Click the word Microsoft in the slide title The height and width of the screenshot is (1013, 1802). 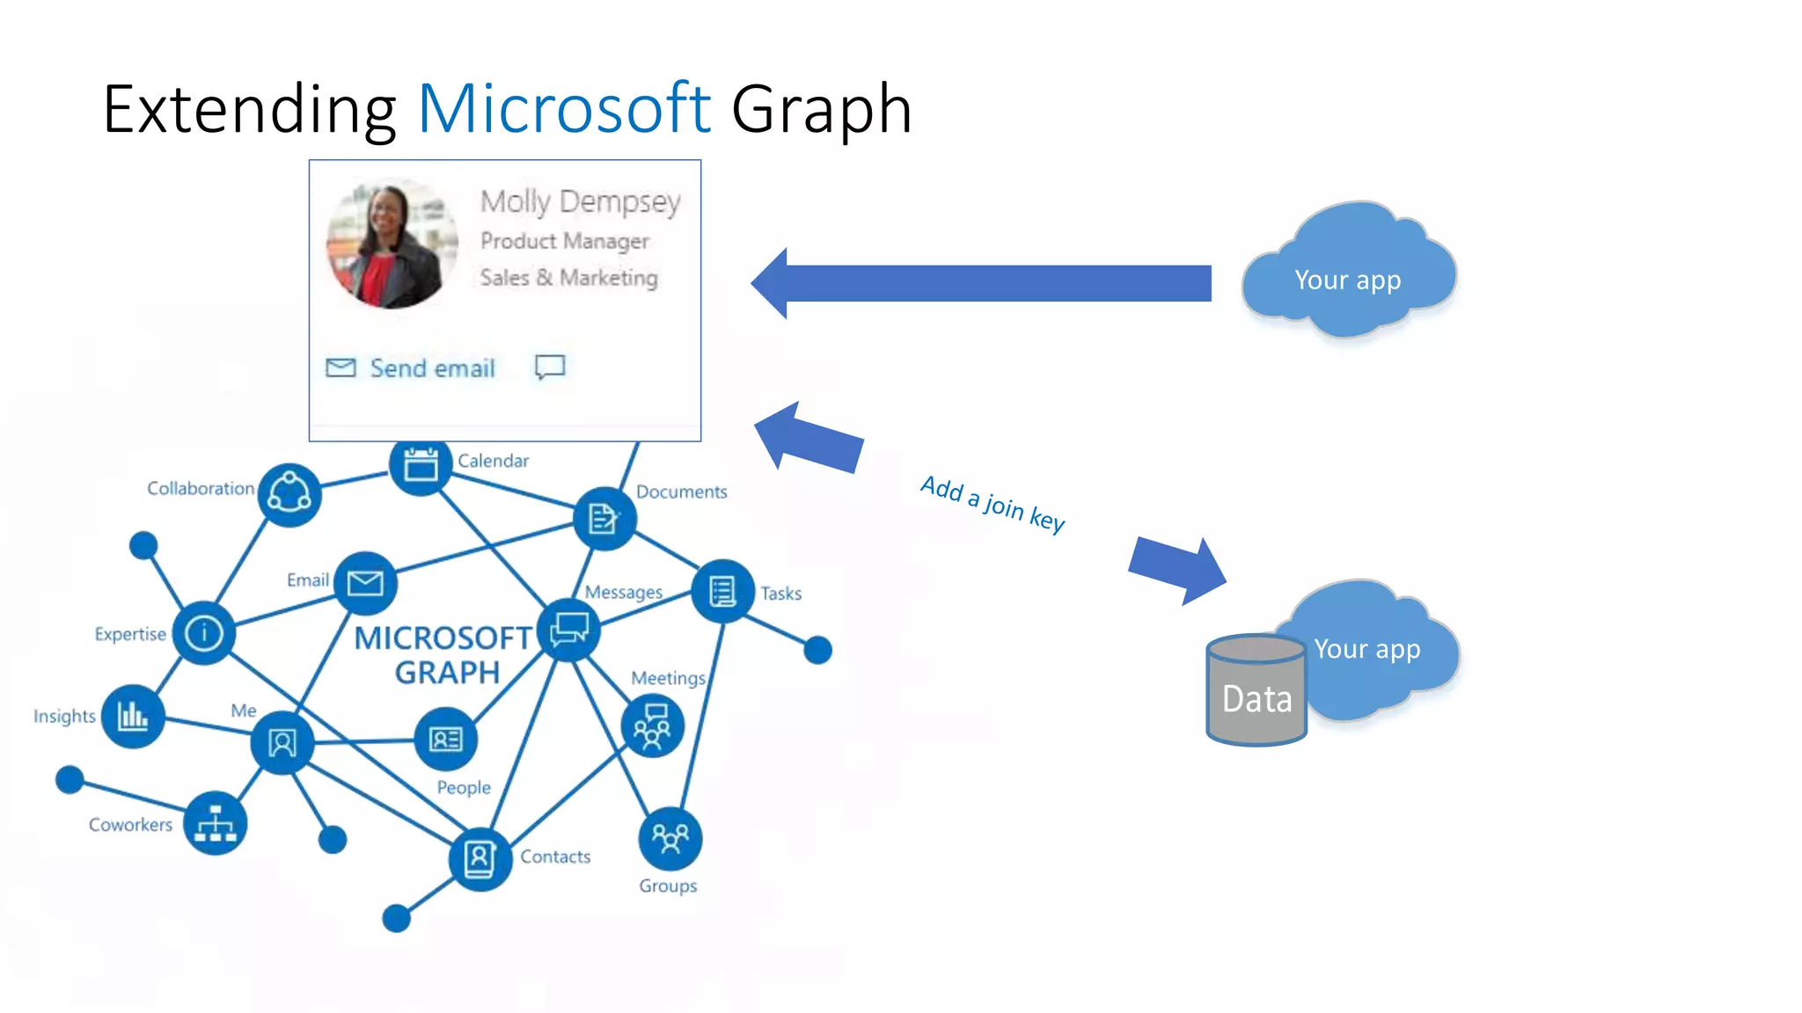tap(564, 109)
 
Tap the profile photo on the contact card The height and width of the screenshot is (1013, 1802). tap(392, 244)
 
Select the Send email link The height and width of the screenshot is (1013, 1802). tap(432, 368)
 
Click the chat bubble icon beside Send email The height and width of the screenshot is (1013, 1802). tap(550, 367)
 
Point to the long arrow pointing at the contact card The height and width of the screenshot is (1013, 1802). tap(981, 283)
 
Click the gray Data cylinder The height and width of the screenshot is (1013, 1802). tap(1256, 691)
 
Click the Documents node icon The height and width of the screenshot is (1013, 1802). tap(604, 519)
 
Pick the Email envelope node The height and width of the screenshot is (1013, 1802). tap(365, 583)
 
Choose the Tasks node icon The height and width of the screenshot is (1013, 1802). tap(722, 591)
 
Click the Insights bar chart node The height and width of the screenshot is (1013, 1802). tap(133, 716)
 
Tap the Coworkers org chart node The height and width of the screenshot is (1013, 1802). tap(216, 823)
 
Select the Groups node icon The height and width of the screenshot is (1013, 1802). tap(670, 838)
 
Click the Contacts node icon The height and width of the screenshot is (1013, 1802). tap(480, 858)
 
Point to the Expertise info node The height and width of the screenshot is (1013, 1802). tap(204, 632)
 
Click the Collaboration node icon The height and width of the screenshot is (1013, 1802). tap(289, 494)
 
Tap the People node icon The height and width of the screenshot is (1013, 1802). tap(446, 740)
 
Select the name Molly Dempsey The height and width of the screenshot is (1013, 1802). tap(581, 201)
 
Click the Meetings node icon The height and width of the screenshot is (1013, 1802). tap(652, 726)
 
